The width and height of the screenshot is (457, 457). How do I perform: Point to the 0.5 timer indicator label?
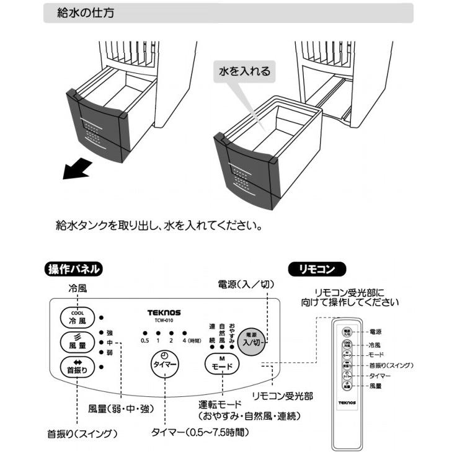145,340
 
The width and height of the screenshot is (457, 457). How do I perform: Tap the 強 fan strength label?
110,332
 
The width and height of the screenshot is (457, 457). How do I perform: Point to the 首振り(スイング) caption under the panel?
82,432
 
